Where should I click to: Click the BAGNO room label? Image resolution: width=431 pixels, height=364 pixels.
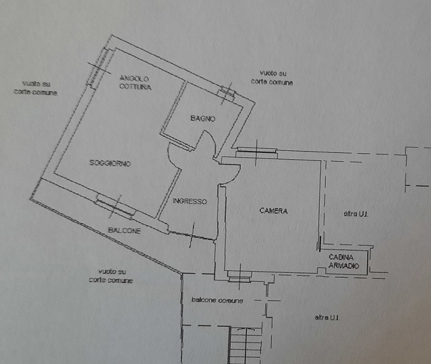[202, 119]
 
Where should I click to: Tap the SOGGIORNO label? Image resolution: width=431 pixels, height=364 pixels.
[109, 164]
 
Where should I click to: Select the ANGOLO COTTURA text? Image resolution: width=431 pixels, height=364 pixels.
[136, 82]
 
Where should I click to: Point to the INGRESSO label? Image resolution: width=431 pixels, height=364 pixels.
[190, 202]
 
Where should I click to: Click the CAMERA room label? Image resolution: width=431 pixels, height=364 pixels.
[273, 211]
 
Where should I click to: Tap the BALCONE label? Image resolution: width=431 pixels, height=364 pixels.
[125, 231]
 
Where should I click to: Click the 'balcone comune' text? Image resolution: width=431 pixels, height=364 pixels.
[217, 299]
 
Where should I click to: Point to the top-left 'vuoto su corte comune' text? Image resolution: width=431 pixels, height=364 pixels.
[36, 88]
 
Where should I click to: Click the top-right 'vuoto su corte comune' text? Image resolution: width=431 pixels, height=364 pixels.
[272, 77]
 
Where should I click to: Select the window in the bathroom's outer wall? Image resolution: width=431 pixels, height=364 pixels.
[227, 93]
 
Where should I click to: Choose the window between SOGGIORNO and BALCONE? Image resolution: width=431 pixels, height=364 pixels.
[114, 205]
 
